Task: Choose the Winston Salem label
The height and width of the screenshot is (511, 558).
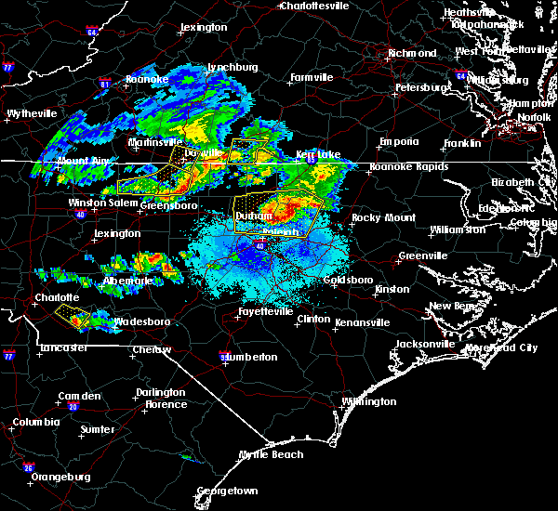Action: point(102,203)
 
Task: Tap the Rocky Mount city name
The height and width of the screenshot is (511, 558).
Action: point(379,217)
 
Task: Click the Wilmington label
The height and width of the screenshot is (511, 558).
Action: point(368,402)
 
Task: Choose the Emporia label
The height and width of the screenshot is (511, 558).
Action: point(399,142)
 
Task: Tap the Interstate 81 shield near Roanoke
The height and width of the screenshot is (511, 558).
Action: point(106,84)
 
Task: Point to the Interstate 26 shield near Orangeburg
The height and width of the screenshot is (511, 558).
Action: point(28,466)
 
